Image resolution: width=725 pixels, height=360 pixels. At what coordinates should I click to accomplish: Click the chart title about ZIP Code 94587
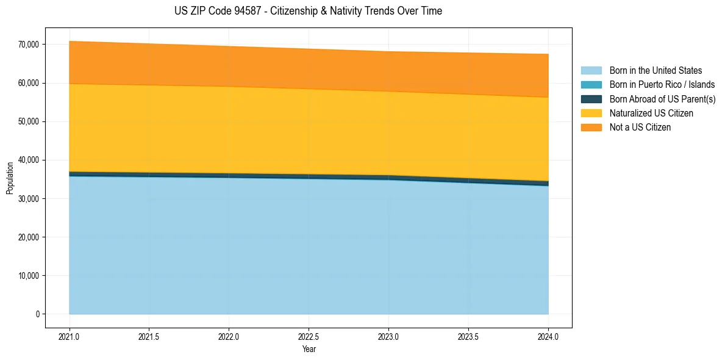coord(308,11)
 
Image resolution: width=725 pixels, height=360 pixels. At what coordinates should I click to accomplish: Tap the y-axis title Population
coord(10,178)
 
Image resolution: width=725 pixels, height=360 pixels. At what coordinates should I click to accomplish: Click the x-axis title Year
coord(309,349)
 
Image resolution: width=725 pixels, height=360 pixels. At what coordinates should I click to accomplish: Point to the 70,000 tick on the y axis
coord(29,45)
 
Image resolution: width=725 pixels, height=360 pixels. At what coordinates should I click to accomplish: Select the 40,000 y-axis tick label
coord(29,160)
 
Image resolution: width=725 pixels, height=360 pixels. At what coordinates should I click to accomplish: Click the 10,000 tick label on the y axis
coord(29,276)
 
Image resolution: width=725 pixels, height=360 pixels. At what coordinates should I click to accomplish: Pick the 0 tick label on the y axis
coord(37,314)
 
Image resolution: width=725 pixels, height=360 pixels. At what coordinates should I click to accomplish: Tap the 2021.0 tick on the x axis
coord(70,336)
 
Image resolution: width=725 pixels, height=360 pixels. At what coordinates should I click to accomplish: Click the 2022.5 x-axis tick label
coord(309,336)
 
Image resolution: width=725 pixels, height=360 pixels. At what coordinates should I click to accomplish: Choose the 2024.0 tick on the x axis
coord(548,336)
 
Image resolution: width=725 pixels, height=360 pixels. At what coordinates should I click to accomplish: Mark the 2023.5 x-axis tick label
coord(468,336)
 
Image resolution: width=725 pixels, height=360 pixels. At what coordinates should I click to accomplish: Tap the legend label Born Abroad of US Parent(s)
coord(662,99)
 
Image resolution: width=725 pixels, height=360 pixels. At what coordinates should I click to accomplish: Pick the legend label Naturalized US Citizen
coord(651,113)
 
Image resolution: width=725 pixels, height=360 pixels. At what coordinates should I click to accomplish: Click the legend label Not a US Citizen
coord(640,128)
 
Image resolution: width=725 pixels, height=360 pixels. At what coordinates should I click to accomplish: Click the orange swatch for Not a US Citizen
coord(591,128)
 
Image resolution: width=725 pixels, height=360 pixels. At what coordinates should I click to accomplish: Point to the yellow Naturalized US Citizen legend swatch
coord(591,113)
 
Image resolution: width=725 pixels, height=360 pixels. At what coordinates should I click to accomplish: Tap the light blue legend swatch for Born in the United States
coord(591,71)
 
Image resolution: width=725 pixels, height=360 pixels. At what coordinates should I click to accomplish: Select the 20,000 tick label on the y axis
coord(29,237)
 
